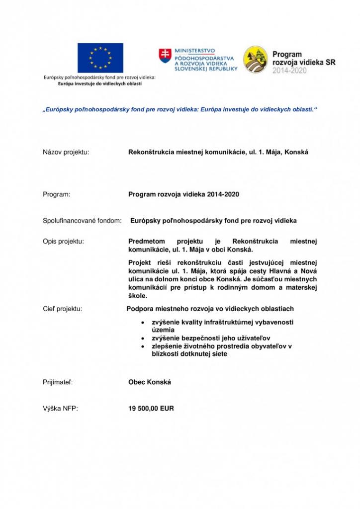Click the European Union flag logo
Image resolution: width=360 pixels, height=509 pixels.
click(100, 58)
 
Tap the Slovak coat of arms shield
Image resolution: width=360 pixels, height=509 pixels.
click(164, 56)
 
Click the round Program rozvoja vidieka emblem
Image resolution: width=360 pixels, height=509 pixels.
click(256, 60)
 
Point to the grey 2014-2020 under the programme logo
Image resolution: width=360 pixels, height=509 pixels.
click(289, 71)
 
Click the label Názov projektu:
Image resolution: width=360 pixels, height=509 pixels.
click(66, 152)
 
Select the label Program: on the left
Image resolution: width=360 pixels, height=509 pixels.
click(57, 194)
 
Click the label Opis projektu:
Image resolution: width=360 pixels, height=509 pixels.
click(64, 242)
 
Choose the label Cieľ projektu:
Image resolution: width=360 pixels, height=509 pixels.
click(63, 309)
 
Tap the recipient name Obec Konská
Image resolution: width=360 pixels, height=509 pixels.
click(150, 383)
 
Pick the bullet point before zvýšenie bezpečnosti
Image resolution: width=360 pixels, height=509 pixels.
click(144, 338)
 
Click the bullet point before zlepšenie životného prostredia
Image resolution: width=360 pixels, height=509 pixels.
click(144, 346)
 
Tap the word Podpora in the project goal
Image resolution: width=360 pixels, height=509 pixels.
click(140, 309)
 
